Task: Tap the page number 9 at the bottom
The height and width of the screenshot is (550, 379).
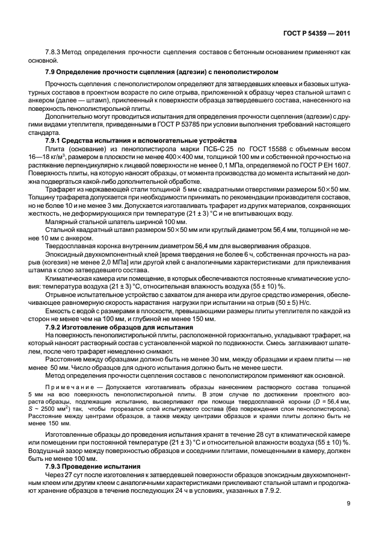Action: [350, 521]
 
